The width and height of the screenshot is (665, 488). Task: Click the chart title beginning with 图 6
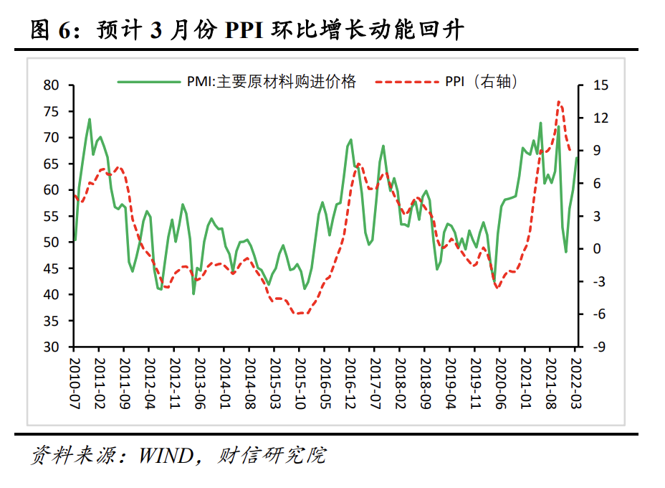click(x=247, y=31)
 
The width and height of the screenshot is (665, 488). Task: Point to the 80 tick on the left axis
click(x=51, y=85)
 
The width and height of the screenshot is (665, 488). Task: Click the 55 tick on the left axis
click(x=51, y=216)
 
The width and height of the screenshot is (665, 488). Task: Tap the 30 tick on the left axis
click(x=51, y=347)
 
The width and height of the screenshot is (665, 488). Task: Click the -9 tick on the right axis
click(x=599, y=347)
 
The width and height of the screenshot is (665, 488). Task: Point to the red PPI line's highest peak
click(x=558, y=102)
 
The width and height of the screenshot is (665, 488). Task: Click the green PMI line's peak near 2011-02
click(x=90, y=119)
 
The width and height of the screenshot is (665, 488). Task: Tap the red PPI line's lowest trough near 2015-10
click(x=297, y=314)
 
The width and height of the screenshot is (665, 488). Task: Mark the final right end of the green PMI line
click(x=577, y=157)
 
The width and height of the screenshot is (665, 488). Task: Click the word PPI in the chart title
click(x=246, y=31)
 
